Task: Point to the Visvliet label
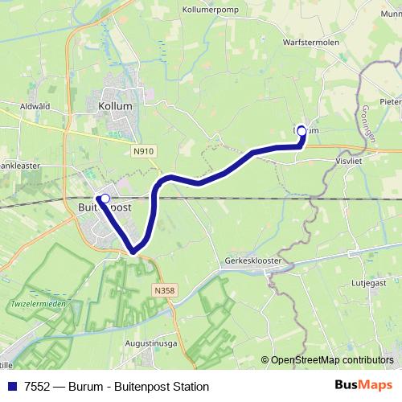[x=351, y=160]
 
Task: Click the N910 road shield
[x=144, y=149]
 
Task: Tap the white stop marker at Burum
[x=302, y=130]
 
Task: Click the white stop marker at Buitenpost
[x=104, y=198]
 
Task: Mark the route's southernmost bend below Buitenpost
[x=134, y=252]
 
